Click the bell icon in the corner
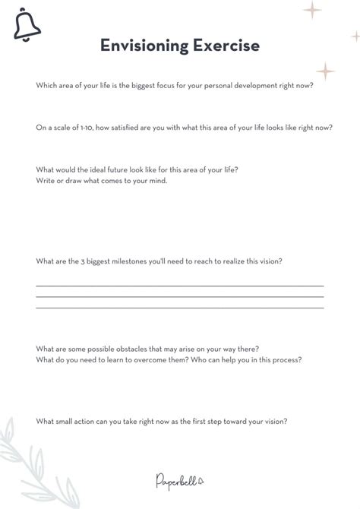click(27, 27)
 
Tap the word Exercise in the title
click(227, 46)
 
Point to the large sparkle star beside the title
click(325, 71)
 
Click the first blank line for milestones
click(180, 286)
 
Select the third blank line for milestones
click(180, 308)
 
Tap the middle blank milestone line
click(180, 296)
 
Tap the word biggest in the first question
click(137, 85)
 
